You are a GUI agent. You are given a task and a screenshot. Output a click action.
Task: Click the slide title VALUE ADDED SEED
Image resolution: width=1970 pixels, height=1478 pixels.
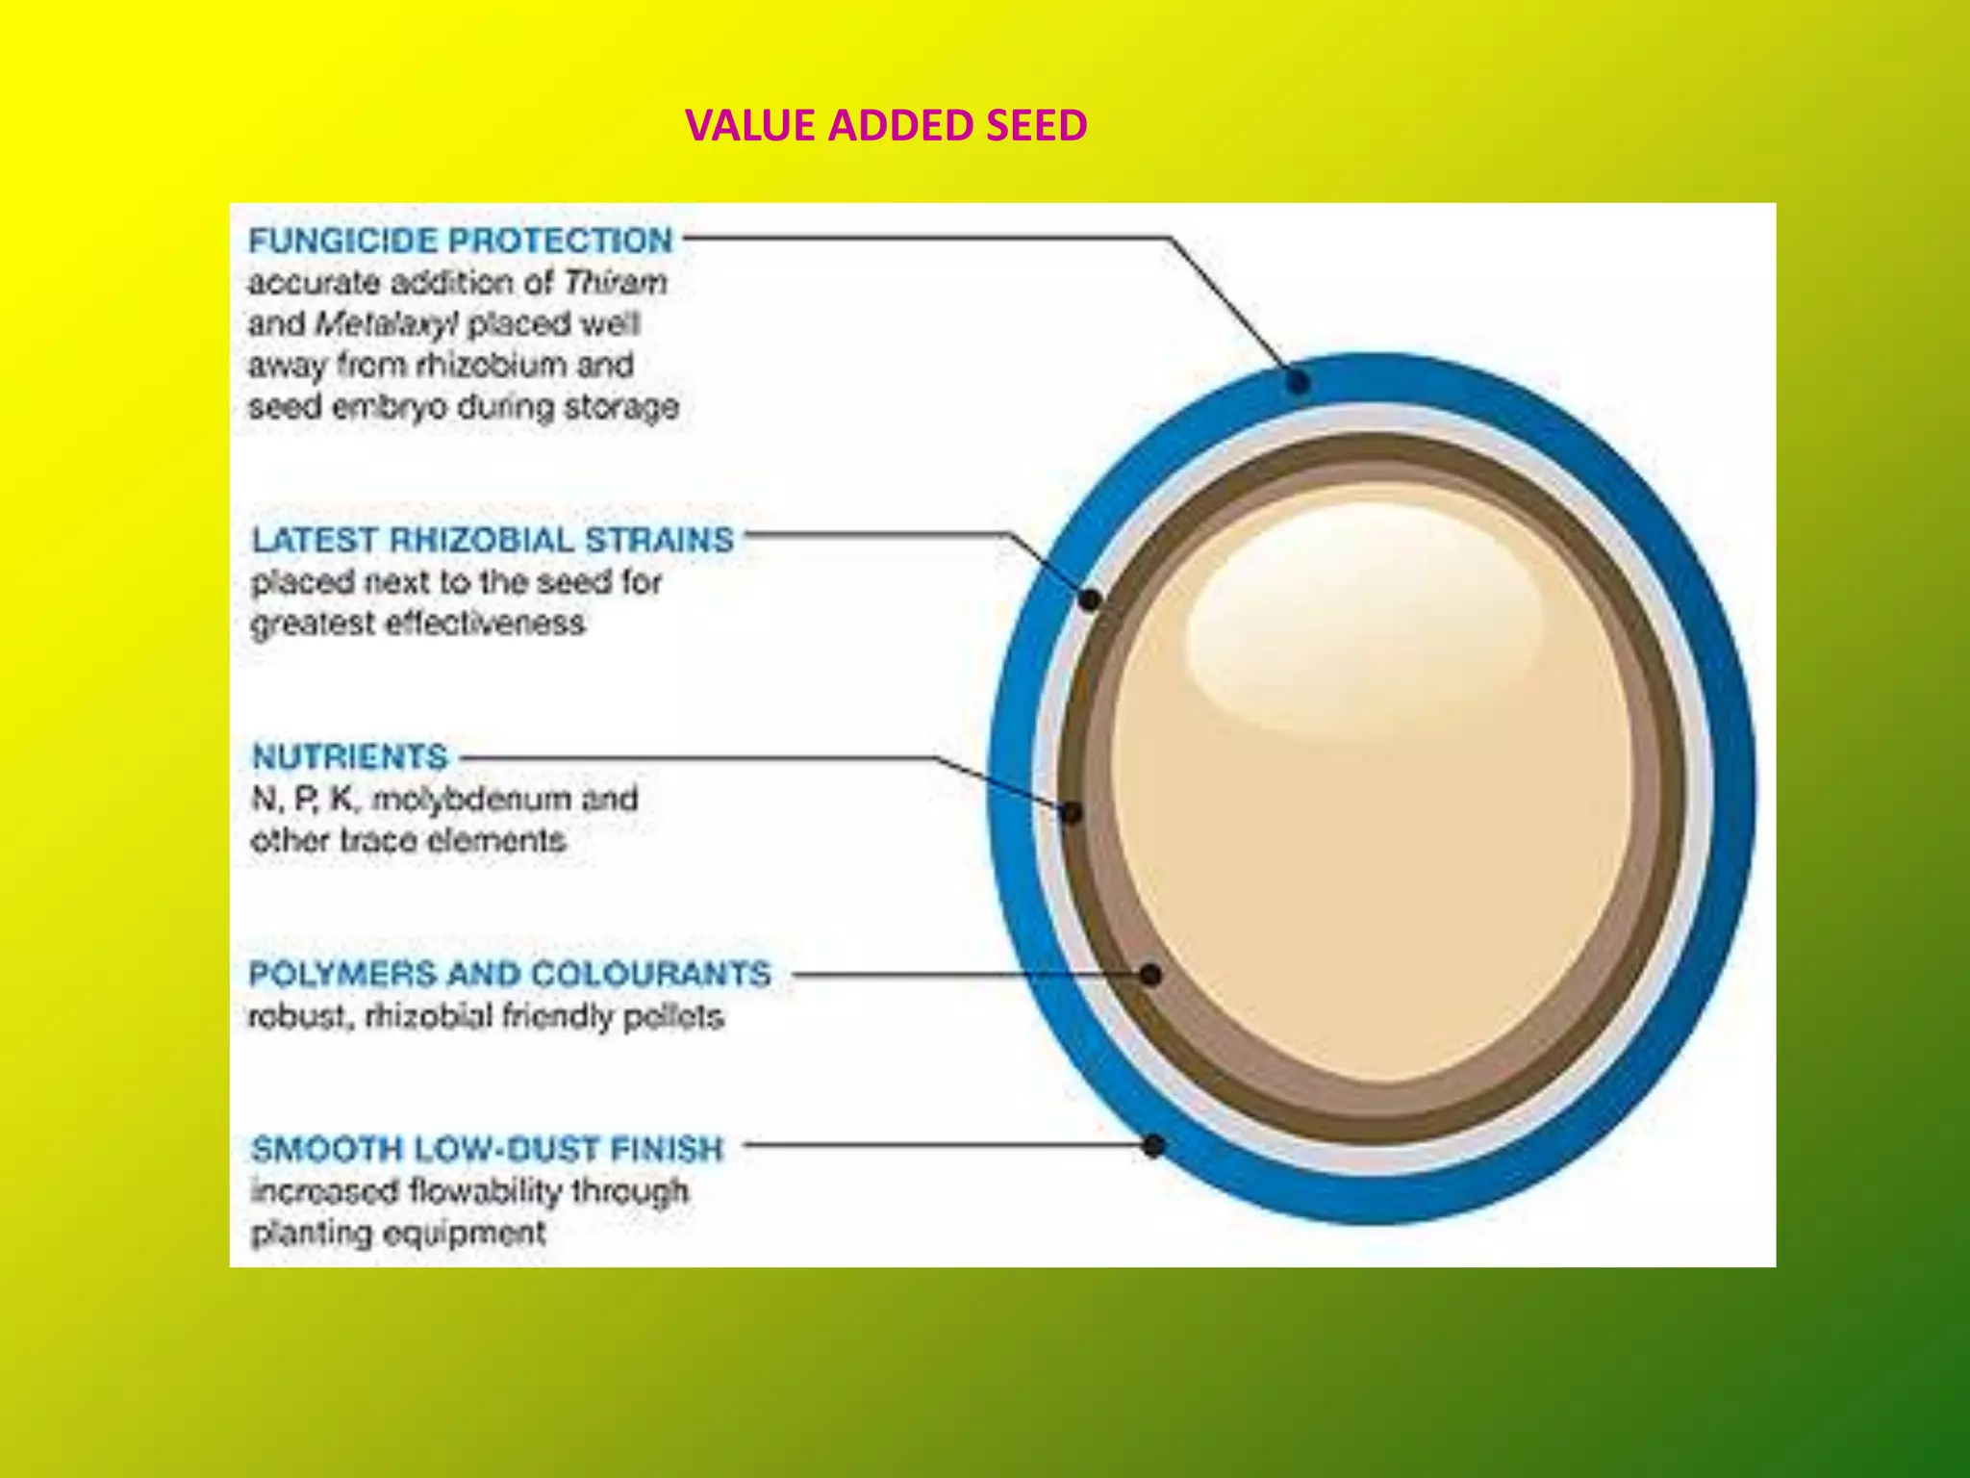(x=886, y=126)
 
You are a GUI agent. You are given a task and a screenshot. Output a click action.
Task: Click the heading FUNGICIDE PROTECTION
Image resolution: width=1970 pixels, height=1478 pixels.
(x=461, y=241)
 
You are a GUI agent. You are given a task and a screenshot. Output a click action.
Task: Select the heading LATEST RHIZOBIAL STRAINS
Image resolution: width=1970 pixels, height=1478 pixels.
(x=492, y=540)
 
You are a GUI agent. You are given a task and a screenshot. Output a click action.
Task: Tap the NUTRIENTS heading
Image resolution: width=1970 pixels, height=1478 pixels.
(x=350, y=757)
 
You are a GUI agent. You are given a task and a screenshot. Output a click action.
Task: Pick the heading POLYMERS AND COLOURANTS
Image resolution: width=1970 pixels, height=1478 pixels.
(x=510, y=974)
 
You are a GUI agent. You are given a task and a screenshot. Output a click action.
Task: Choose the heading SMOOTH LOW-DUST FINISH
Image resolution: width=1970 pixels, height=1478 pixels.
(x=487, y=1149)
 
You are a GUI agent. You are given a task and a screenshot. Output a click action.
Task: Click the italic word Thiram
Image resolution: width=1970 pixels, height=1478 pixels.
(x=616, y=283)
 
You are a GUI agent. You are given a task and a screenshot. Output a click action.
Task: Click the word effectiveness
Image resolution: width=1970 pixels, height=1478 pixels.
(x=486, y=624)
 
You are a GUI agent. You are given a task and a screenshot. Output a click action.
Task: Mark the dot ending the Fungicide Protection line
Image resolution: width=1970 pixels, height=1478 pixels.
(x=1299, y=382)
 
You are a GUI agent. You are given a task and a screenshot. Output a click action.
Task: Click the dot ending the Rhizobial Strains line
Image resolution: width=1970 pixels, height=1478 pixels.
(x=1089, y=599)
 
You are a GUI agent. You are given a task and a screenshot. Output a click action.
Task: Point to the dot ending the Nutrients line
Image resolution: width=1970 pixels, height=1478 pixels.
(x=1072, y=813)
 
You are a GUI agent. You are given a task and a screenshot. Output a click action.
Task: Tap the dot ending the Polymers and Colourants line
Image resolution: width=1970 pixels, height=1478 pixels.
(x=1150, y=975)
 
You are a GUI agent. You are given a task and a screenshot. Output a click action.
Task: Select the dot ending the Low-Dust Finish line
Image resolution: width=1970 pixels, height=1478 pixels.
(x=1154, y=1145)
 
